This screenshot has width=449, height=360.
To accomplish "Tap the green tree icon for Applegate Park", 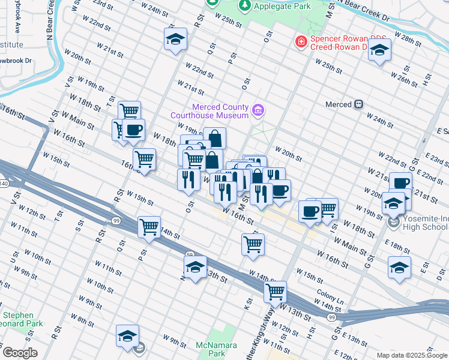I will pyautogui.click(x=244, y=6).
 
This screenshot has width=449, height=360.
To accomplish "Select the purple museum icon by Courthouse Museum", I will pyautogui.click(x=259, y=110).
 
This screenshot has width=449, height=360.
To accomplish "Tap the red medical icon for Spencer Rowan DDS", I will pyautogui.click(x=299, y=42).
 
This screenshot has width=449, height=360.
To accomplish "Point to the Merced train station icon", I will pyautogui.click(x=358, y=104).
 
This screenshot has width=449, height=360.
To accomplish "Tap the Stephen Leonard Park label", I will pyautogui.click(x=18, y=319).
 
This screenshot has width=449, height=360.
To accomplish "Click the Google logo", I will pyautogui.click(x=20, y=353).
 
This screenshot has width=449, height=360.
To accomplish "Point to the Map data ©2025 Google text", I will pyautogui.click(x=412, y=355).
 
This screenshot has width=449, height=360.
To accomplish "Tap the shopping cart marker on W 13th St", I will pyautogui.click(x=275, y=292).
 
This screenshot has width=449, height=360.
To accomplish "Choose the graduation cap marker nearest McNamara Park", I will pyautogui.click(x=127, y=335).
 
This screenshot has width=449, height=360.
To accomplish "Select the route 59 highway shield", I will pyautogui.click(x=188, y=255).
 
